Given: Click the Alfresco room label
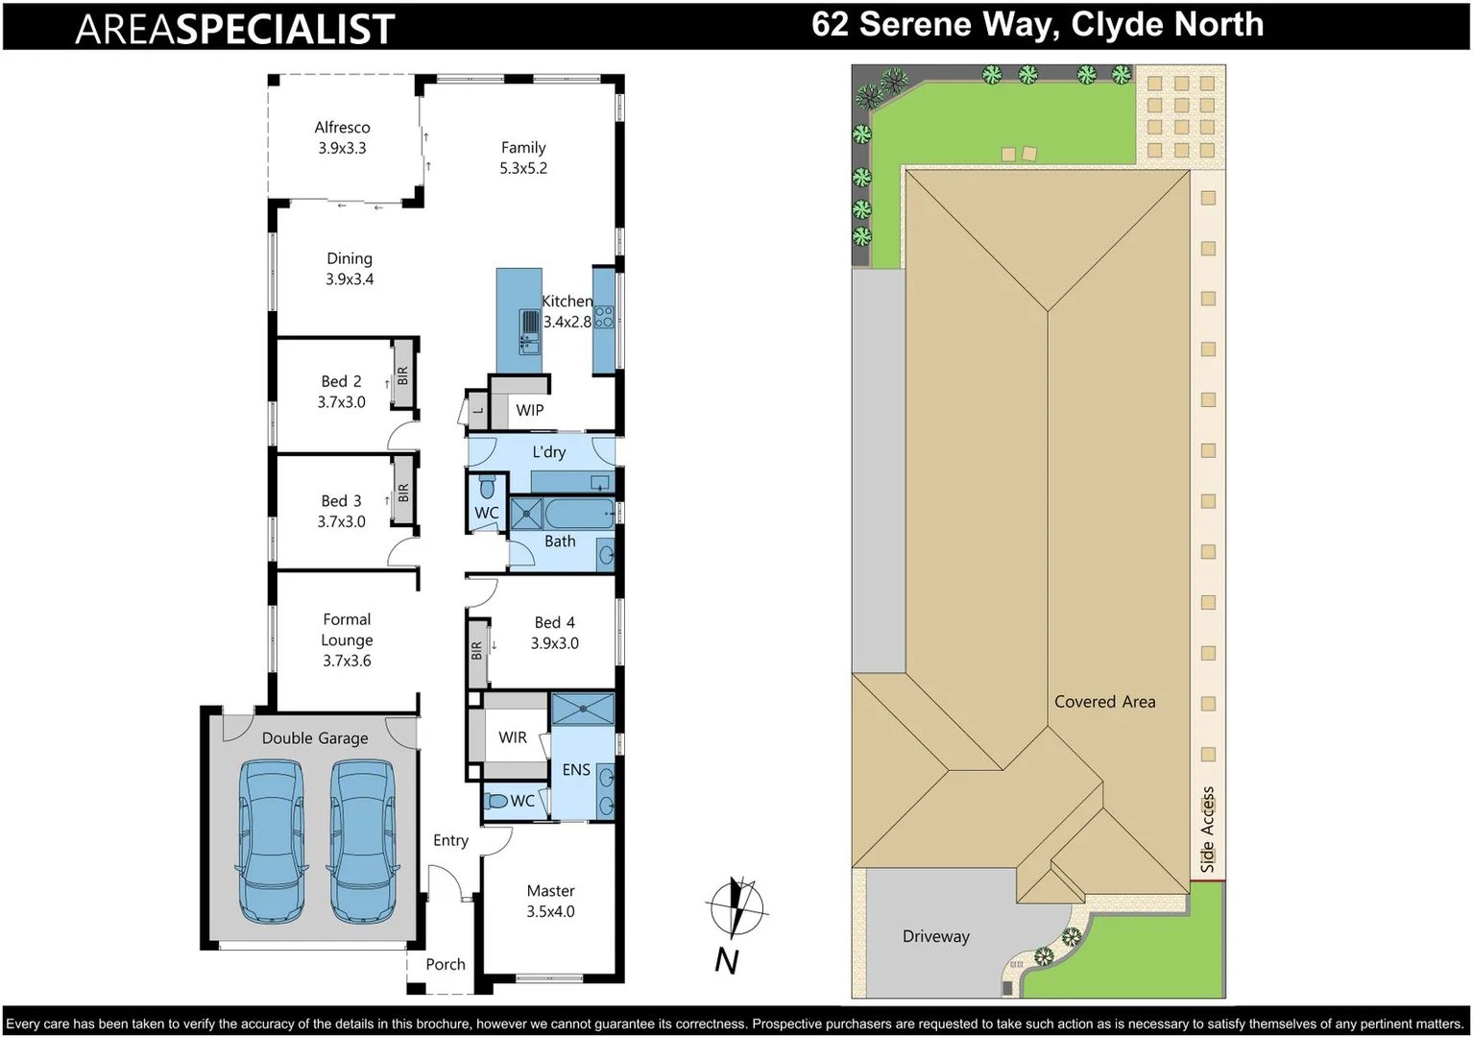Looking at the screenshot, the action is pyautogui.click(x=342, y=127).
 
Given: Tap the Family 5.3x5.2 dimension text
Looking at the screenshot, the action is pyautogui.click(x=523, y=168).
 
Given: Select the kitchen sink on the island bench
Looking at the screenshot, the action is pyautogui.click(x=530, y=331).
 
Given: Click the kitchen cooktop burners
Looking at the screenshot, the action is pyautogui.click(x=604, y=317).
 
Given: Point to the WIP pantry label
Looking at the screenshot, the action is pyautogui.click(x=530, y=410).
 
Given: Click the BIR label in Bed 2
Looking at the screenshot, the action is pyautogui.click(x=403, y=375).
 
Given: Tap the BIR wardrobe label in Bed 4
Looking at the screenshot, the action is pyautogui.click(x=476, y=650).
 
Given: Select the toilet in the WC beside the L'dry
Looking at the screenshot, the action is pyautogui.click(x=487, y=487).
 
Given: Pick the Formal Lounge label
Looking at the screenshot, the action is pyautogui.click(x=347, y=629).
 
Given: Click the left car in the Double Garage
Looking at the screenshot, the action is pyautogui.click(x=271, y=842).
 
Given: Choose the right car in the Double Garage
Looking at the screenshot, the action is pyautogui.click(x=363, y=842).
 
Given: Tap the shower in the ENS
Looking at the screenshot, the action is pyautogui.click(x=583, y=709).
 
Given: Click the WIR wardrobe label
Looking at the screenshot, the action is pyautogui.click(x=513, y=737).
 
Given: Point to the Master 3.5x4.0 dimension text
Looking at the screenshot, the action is pyautogui.click(x=551, y=911).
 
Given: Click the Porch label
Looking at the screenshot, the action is pyautogui.click(x=446, y=965).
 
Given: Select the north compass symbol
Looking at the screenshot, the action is pyautogui.click(x=736, y=908).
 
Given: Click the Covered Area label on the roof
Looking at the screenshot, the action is pyautogui.click(x=1104, y=702).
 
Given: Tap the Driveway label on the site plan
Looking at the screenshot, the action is pyautogui.click(x=936, y=936).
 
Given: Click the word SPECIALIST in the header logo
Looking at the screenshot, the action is pyautogui.click(x=286, y=30).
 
